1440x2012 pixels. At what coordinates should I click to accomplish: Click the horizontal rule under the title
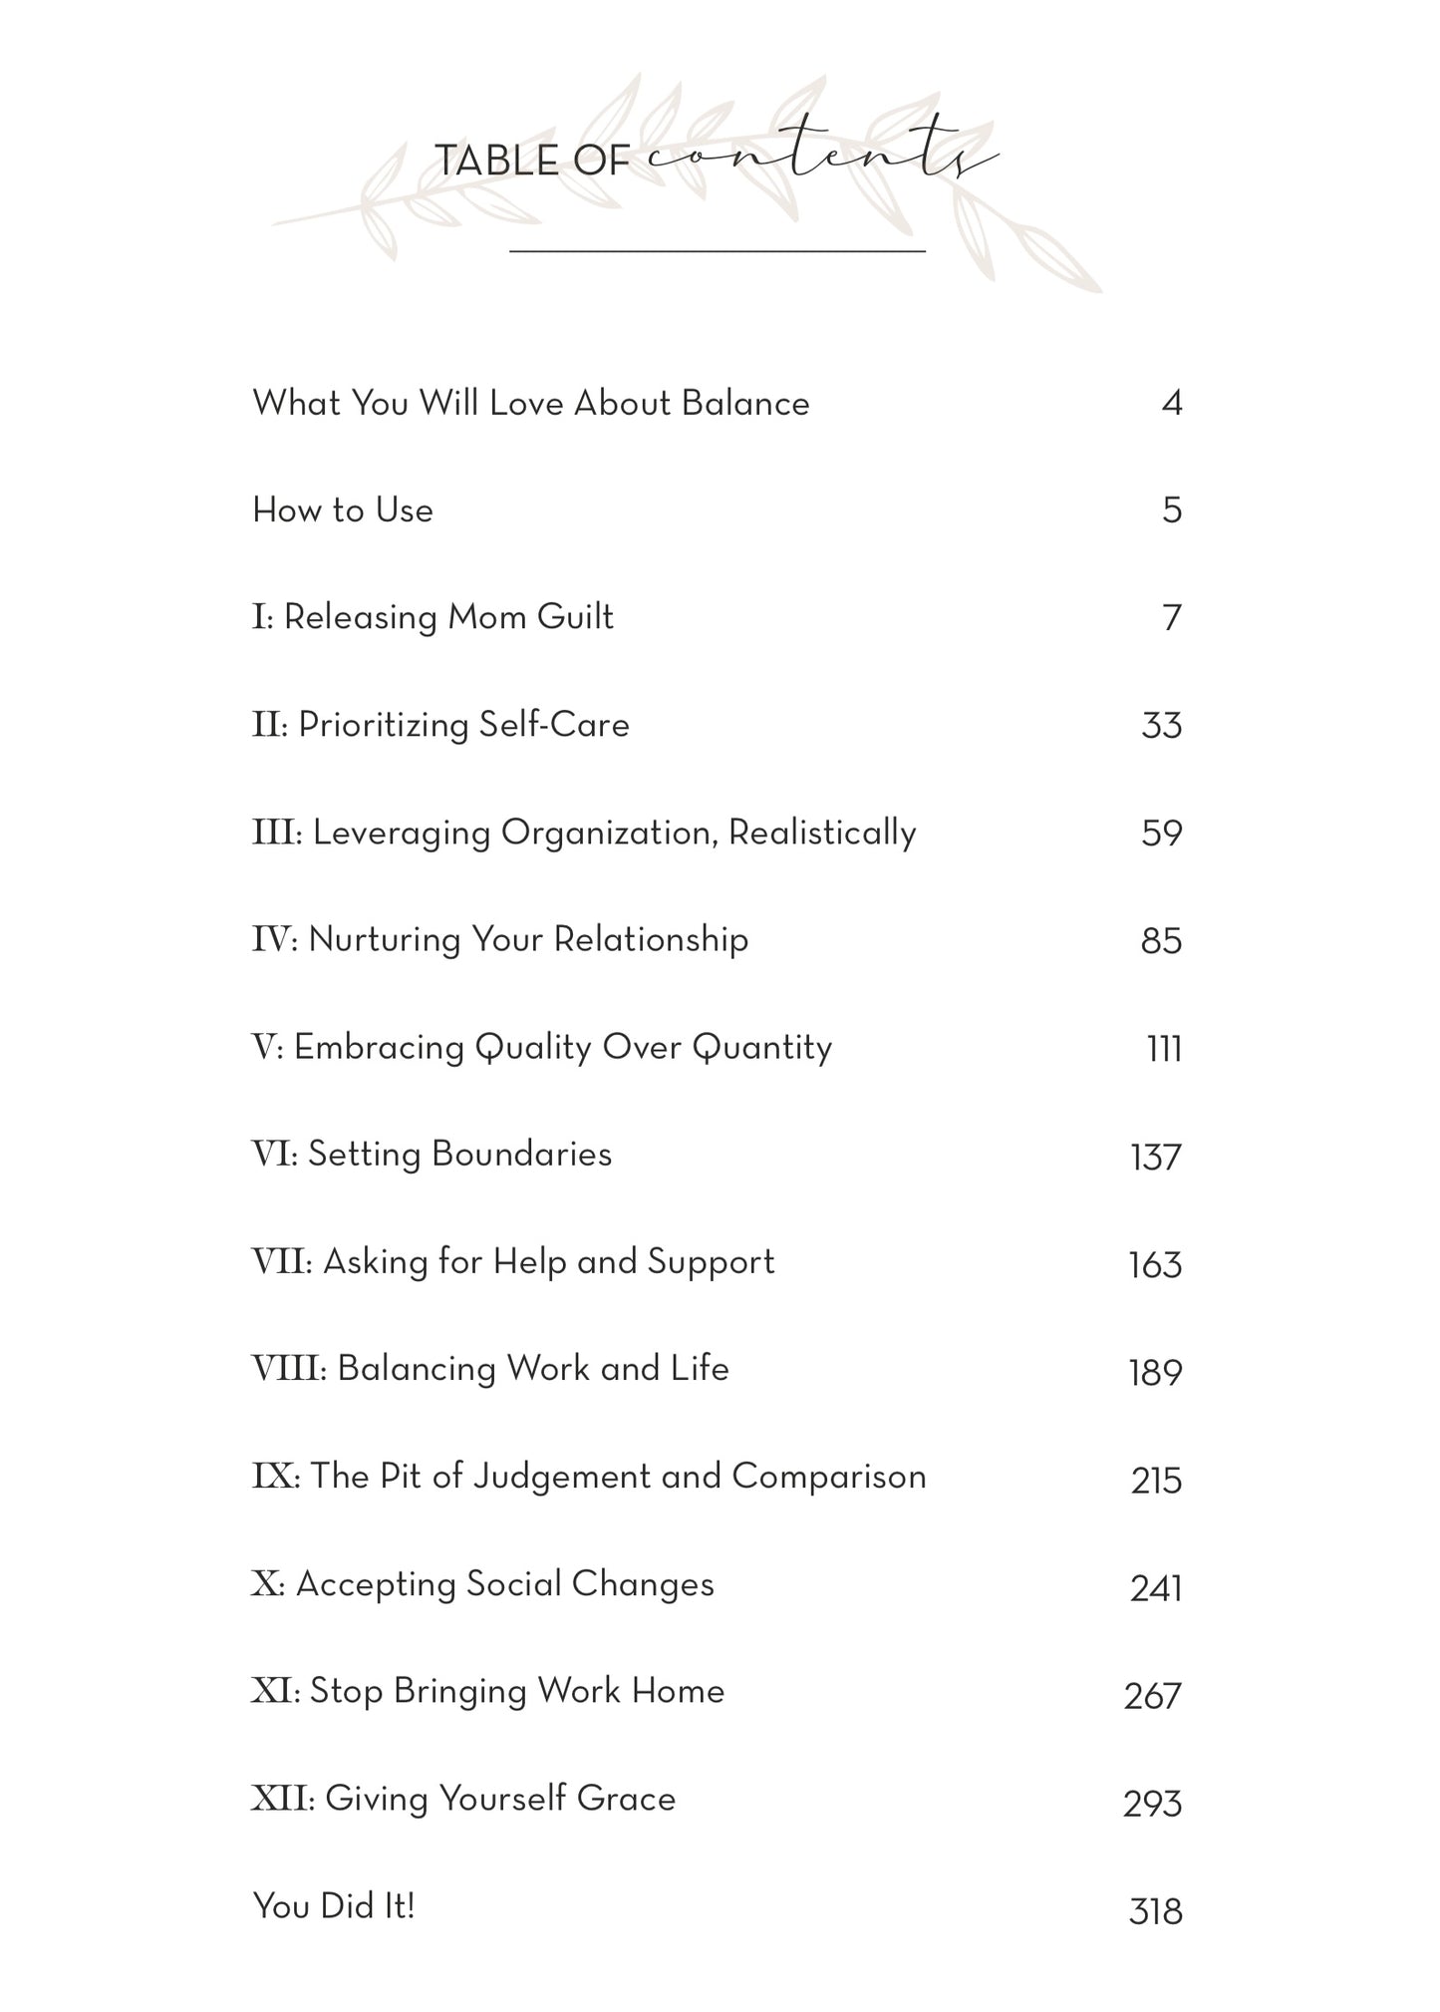pos(718,251)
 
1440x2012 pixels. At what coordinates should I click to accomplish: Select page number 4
pos(1171,404)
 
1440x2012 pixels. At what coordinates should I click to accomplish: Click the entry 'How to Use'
pos(343,510)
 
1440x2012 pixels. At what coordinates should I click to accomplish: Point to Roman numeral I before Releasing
pos(261,617)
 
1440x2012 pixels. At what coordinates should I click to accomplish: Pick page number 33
pos(1161,726)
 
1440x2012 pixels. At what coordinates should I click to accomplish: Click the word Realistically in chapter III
pos(822,833)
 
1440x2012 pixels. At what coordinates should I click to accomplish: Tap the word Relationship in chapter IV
pos(651,939)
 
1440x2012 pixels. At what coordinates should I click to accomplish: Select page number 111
pos(1164,1049)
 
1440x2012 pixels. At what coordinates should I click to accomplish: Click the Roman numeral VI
pos(272,1155)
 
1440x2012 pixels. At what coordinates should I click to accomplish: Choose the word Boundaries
pos(522,1155)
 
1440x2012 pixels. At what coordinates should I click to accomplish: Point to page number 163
pos(1155,1264)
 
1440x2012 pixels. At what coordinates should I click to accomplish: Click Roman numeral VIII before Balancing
pos(287,1369)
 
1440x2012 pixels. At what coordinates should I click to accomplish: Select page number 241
pos(1155,1587)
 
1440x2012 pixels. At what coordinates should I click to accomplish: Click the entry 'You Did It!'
pos(334,1906)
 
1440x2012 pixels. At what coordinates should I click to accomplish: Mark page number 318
pos(1155,1911)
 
